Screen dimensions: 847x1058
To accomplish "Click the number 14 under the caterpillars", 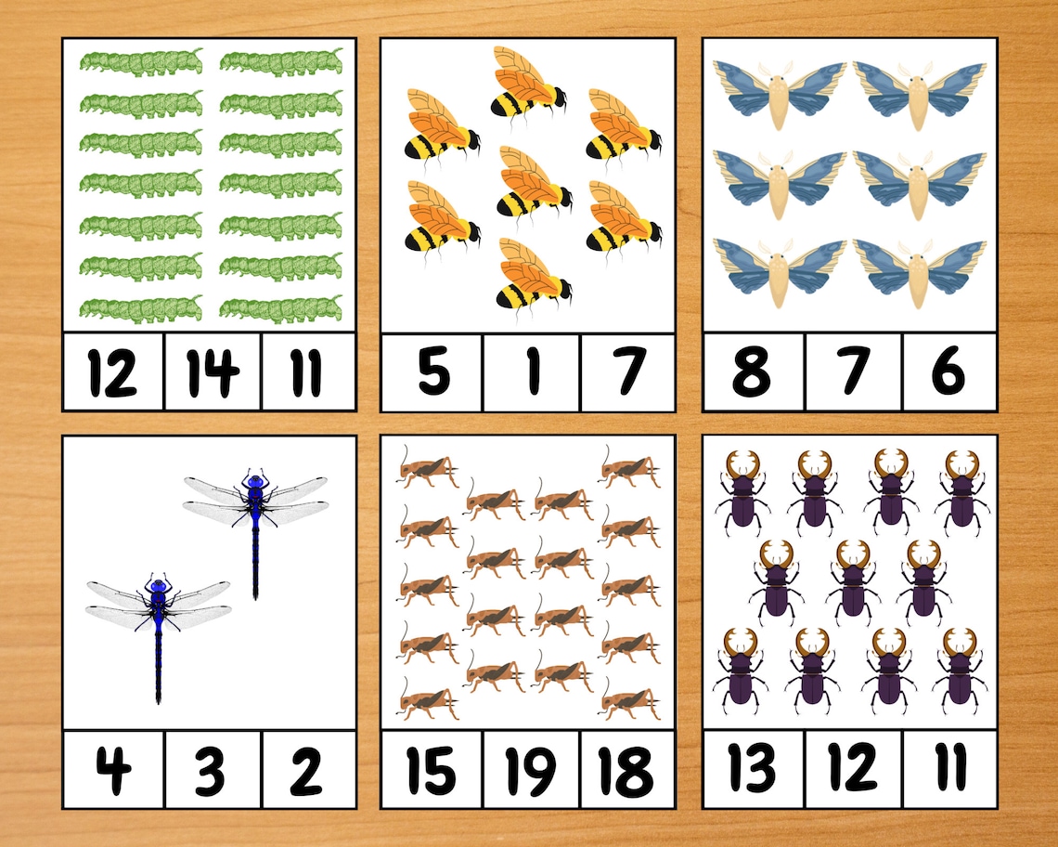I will pos(213,371).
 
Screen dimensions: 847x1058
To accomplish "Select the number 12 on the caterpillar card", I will pos(113,371).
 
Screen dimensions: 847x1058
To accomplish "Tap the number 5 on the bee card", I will pos(432,371).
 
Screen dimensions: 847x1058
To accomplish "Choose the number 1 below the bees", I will pos(531,371).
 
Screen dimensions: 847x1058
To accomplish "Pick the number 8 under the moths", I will pos(752,371).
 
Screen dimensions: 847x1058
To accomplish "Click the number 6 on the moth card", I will pos(948,371).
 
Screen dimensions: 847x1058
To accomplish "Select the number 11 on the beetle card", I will pos(948,768).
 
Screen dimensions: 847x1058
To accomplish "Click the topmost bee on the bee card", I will pos(525,83).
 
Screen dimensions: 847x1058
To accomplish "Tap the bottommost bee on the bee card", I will pos(531,275).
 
